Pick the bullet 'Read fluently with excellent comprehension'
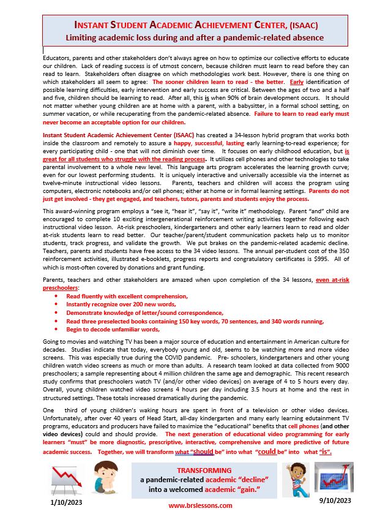(x=127, y=296)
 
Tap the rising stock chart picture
(x=334, y=477)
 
